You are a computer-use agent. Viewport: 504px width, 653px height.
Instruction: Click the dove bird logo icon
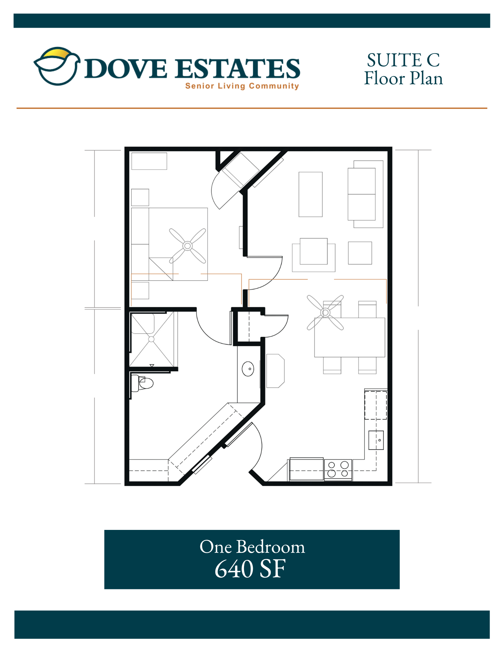coord(57,66)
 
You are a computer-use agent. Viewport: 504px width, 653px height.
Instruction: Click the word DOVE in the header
coord(126,69)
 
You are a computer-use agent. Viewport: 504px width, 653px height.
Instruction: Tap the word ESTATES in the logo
coord(237,69)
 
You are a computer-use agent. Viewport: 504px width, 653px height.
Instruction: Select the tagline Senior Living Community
coord(242,86)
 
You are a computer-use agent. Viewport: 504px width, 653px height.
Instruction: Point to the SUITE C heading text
coord(403,60)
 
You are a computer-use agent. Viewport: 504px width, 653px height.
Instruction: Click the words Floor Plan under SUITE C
coord(404,78)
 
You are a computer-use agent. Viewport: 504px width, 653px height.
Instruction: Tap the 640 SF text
coord(250,569)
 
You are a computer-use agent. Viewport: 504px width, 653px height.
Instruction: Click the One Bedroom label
coord(252,547)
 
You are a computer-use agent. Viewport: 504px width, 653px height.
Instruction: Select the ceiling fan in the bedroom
coord(188,246)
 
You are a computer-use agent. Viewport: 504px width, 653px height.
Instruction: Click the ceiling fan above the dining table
coord(325,312)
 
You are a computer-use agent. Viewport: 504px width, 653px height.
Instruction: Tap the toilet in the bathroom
coord(142,383)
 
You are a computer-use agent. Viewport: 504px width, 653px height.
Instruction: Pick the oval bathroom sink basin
coord(248,369)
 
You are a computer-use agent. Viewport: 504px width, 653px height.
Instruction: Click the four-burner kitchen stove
coord(338,470)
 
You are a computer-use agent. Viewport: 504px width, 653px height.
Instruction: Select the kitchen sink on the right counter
coord(376,440)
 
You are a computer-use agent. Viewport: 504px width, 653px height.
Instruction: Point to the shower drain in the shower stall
coord(151,339)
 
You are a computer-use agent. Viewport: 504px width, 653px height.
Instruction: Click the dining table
coord(350,337)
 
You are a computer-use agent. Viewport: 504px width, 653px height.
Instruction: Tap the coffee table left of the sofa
coord(311,194)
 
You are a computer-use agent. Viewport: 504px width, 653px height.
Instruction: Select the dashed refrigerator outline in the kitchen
coord(376,405)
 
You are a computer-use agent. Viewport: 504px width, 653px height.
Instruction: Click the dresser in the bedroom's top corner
coord(149,161)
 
